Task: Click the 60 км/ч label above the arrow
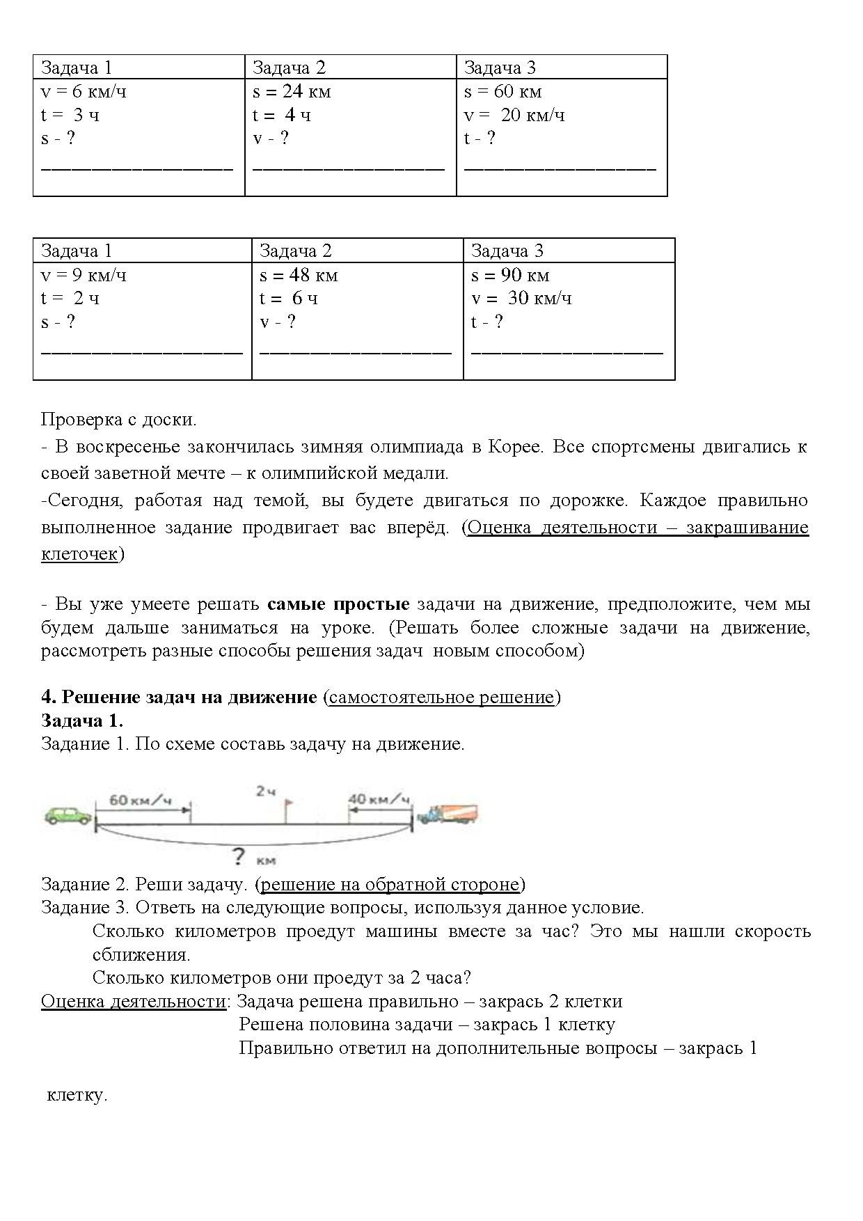tap(140, 800)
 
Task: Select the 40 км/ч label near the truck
tap(379, 798)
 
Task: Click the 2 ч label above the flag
tap(266, 791)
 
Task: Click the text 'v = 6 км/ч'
tap(84, 92)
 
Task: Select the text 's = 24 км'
tap(292, 92)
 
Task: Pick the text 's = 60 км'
tap(502, 92)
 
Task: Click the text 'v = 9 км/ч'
tap(84, 276)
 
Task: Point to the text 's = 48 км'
tap(299, 276)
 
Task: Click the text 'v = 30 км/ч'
tap(521, 299)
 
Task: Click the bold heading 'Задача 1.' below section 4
tap(82, 720)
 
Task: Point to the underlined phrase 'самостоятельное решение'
tap(441, 698)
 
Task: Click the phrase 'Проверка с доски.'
tap(119, 420)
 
